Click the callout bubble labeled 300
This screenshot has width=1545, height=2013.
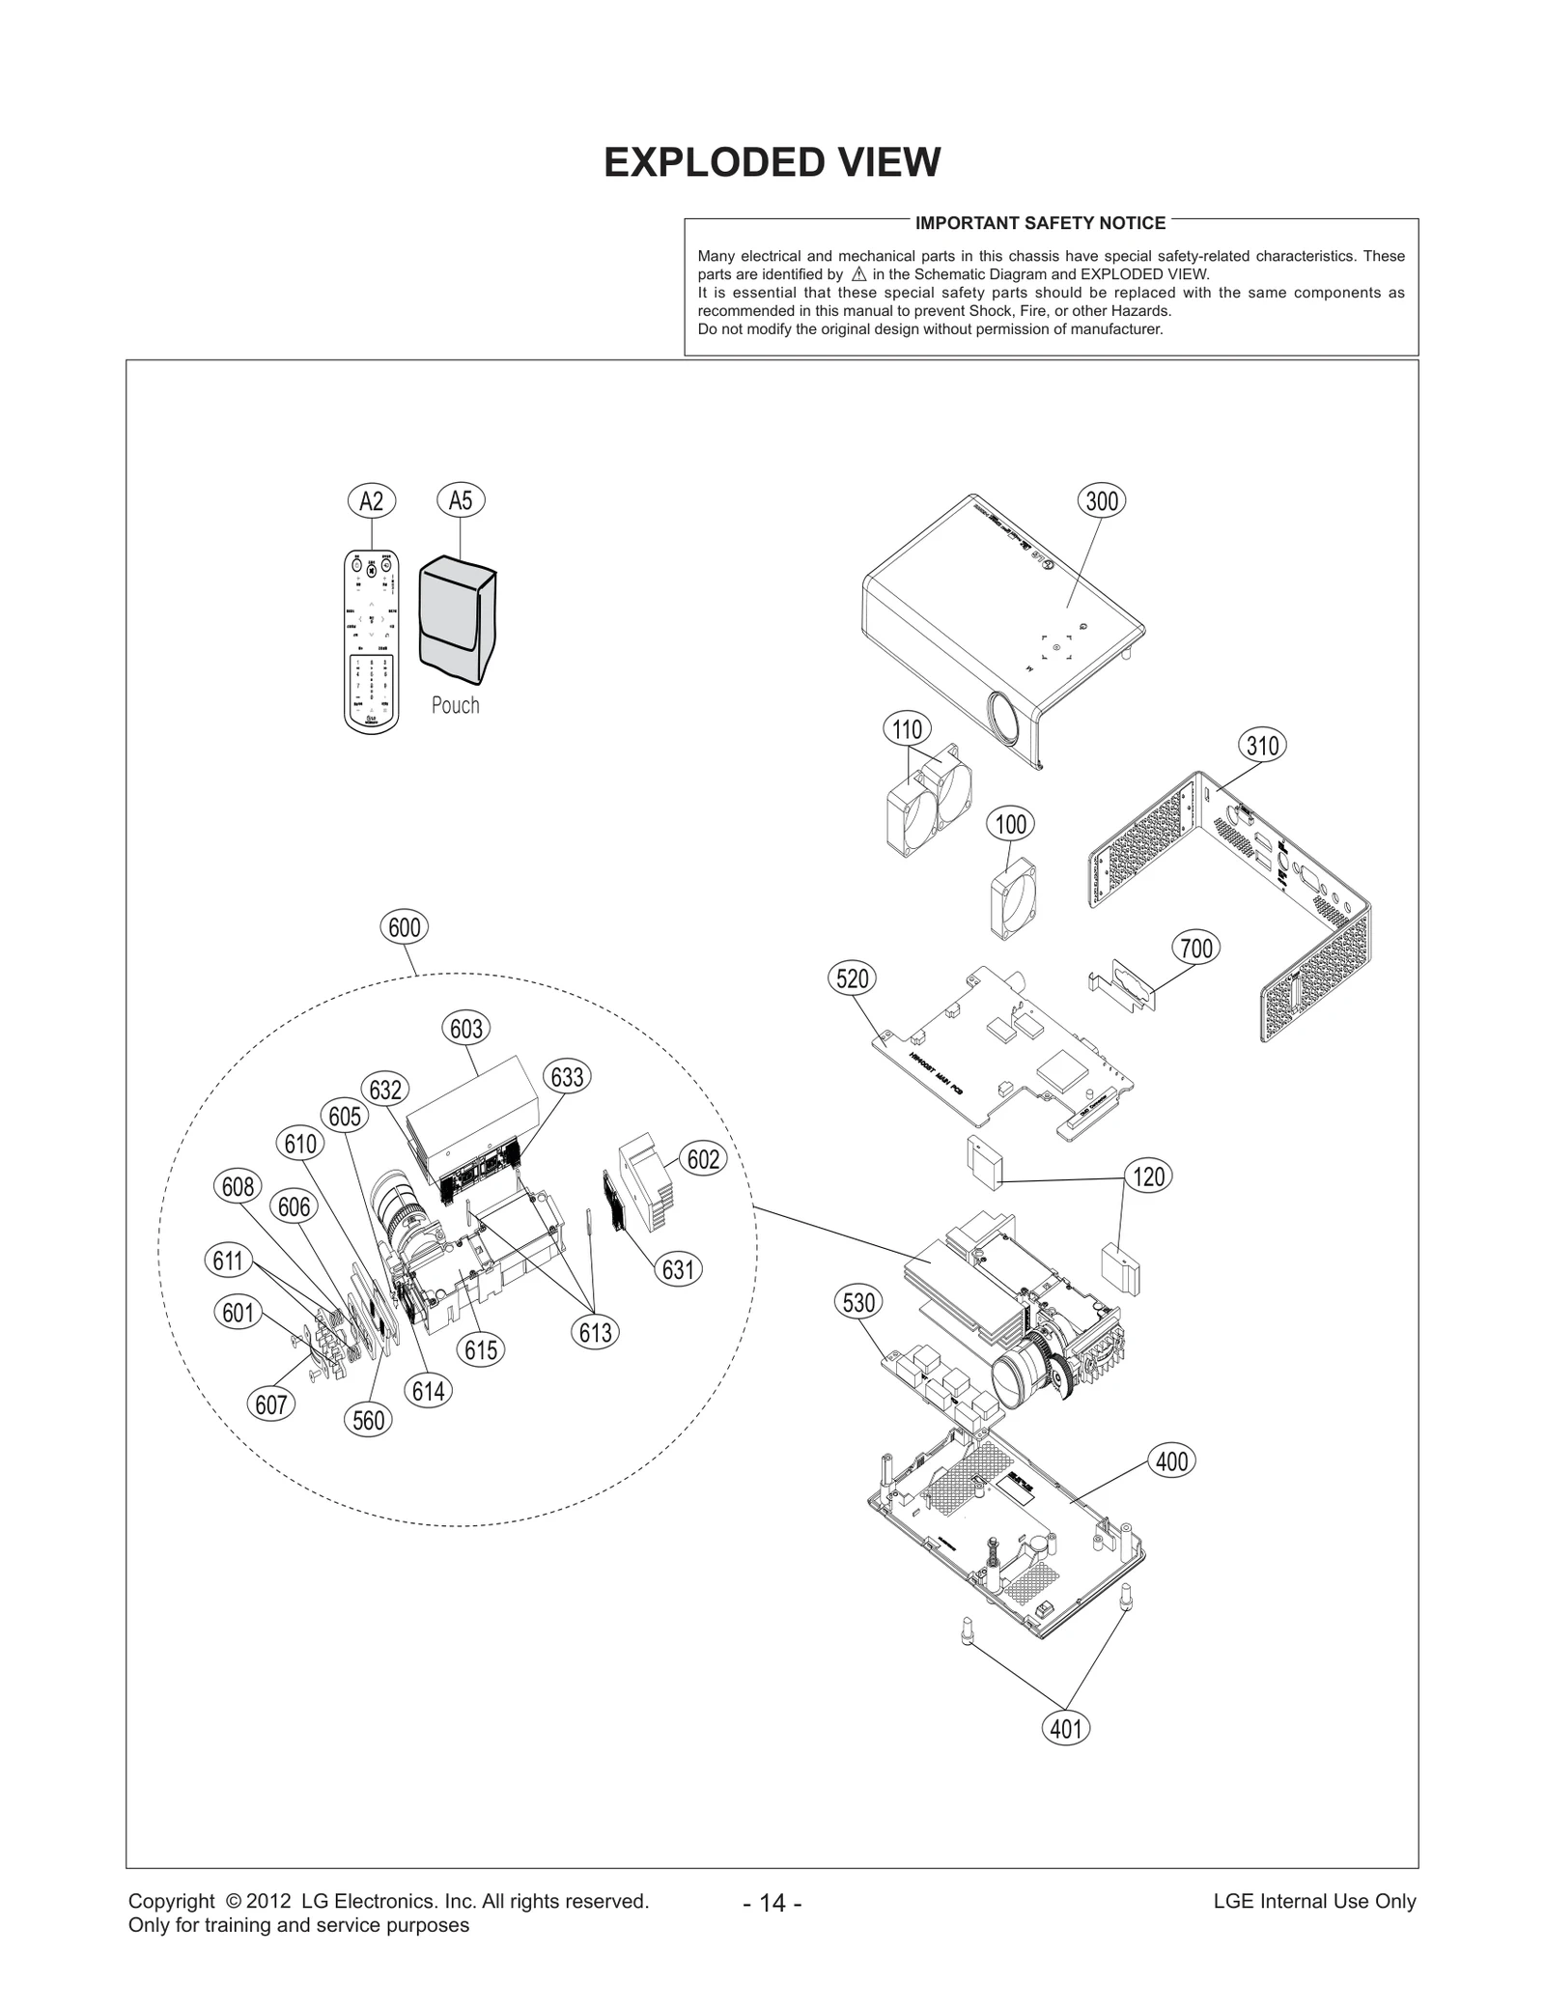click(x=1102, y=500)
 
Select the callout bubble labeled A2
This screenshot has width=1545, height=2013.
click(x=371, y=500)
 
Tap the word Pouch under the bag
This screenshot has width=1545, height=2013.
click(x=455, y=705)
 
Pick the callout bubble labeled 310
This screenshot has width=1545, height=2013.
click(x=1262, y=746)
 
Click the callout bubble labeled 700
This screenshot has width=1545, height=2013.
click(x=1196, y=948)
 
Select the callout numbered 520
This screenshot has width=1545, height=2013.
click(x=852, y=978)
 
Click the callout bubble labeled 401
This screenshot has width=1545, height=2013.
click(x=1066, y=1728)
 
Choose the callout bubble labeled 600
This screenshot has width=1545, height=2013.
click(x=404, y=927)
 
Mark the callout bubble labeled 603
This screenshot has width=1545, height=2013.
click(x=466, y=1029)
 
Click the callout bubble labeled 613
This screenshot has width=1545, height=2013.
click(x=596, y=1333)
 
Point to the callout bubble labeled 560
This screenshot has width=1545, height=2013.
click(x=369, y=1420)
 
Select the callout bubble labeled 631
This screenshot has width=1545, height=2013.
click(x=678, y=1269)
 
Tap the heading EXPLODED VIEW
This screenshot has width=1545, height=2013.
click(x=772, y=162)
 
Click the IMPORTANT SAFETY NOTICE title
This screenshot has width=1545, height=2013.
click(x=1040, y=223)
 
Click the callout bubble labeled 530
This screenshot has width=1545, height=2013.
click(x=858, y=1302)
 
